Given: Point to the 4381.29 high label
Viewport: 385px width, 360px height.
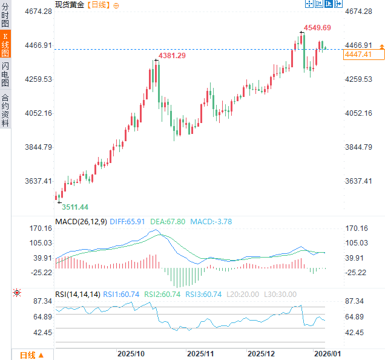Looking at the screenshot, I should (172, 56).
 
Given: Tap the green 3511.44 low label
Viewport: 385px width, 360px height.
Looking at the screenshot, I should (75, 207).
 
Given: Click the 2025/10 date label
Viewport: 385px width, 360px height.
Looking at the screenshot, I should (130, 353).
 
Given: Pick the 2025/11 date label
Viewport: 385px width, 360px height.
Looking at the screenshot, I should (201, 353).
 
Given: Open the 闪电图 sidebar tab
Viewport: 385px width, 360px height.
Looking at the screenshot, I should (5, 73).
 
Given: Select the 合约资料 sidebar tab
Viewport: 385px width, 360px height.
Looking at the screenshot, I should (5, 110).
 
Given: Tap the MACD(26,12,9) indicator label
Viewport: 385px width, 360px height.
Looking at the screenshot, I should (81, 222).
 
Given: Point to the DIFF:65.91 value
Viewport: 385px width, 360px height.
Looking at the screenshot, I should (128, 222).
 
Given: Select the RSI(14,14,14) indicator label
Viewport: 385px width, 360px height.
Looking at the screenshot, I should (77, 295).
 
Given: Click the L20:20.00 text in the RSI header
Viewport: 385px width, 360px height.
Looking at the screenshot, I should (243, 295).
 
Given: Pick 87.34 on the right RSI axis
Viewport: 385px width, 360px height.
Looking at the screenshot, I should (355, 301).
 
